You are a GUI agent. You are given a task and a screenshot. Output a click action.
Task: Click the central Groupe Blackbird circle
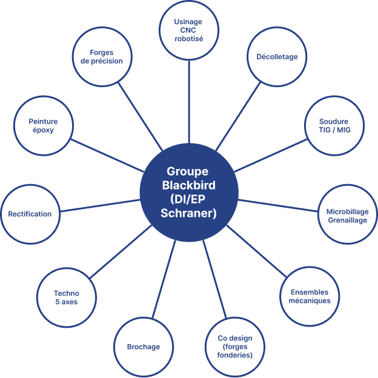189,191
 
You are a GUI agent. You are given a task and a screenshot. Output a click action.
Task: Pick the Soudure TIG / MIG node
334,126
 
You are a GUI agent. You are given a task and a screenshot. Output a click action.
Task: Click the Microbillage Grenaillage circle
347,216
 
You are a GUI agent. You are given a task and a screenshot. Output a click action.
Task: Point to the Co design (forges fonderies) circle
234,346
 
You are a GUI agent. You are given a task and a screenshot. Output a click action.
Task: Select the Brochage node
143,346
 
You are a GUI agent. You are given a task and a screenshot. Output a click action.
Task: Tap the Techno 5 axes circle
66,297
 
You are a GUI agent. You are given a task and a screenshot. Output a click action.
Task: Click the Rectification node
30,214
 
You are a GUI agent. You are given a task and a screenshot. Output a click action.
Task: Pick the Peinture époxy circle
42,125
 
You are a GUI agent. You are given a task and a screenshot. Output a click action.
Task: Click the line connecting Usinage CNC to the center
188,103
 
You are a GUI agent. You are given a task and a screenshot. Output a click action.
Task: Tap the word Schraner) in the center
189,213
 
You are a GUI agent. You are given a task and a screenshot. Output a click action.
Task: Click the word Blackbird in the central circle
189,185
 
